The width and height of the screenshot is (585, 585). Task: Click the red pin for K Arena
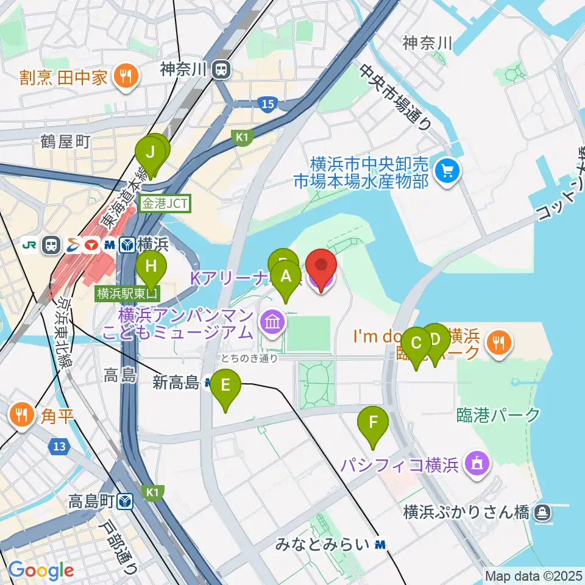coord(321,266)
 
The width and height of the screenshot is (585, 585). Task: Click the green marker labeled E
coord(225,386)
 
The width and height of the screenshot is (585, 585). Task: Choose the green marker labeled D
coord(436,339)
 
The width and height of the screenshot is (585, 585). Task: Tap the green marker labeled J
coord(151,151)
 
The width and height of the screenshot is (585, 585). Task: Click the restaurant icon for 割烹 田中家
coord(127,77)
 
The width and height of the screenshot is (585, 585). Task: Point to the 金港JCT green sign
coord(166,203)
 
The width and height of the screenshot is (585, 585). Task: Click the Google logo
coord(41,571)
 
